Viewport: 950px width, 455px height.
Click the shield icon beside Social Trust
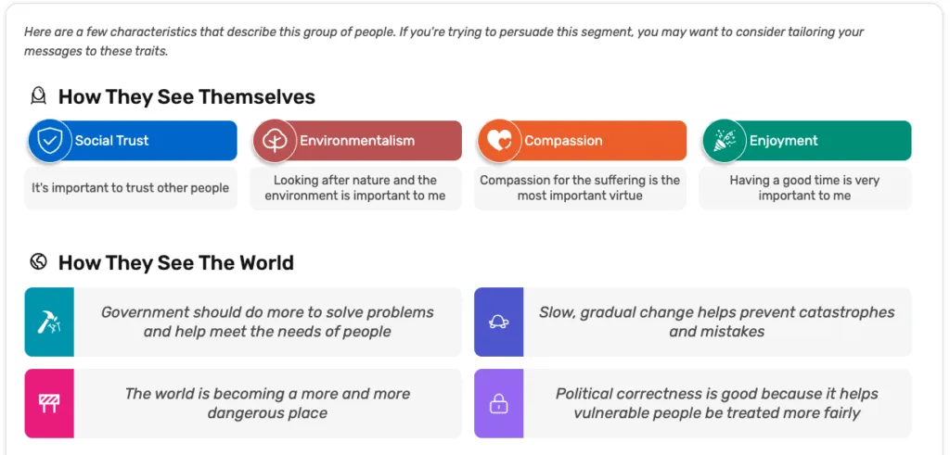[50, 140]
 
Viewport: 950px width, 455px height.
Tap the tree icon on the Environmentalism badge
[275, 141]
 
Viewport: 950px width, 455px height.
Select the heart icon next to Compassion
[499, 141]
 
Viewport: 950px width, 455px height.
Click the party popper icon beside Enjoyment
[724, 140]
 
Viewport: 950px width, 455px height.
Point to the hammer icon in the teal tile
[49, 322]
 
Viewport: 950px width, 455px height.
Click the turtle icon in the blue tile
[498, 322]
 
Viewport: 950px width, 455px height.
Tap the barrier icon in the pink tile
[49, 403]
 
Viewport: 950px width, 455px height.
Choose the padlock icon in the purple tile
[498, 404]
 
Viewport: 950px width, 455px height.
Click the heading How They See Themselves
[186, 96]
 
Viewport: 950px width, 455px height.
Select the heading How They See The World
[175, 262]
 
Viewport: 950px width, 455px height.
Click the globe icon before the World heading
[38, 262]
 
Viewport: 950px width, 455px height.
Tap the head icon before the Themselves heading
[38, 95]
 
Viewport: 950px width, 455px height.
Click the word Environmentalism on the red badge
[357, 140]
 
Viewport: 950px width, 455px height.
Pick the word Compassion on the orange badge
[563, 141]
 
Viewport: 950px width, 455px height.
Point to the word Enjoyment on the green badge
[783, 141]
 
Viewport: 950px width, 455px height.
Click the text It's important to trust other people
[130, 188]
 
